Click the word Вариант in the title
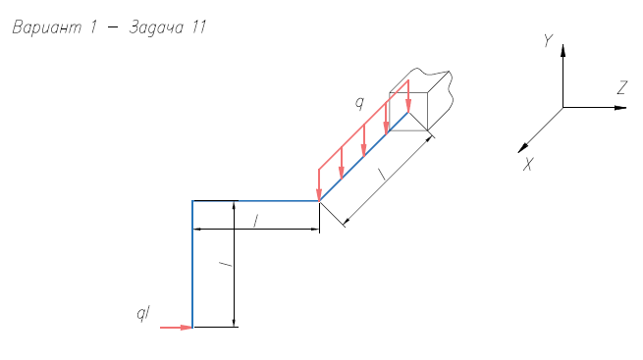[x=47, y=27]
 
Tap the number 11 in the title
[x=198, y=27]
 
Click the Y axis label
[x=549, y=40]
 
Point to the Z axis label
[x=622, y=87]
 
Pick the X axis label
[x=528, y=165]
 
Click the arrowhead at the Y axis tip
[x=563, y=50]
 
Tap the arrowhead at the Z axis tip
[x=620, y=108]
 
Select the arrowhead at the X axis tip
[x=523, y=148]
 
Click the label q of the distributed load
[x=359, y=102]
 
